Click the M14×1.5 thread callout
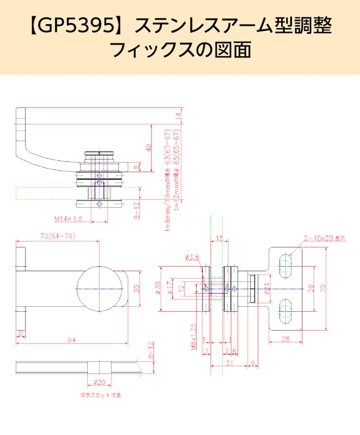[x=69, y=218]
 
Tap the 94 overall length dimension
[x=72, y=340]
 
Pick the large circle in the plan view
[x=100, y=288]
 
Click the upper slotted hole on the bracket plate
[x=286, y=266]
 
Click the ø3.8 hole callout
[x=192, y=257]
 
